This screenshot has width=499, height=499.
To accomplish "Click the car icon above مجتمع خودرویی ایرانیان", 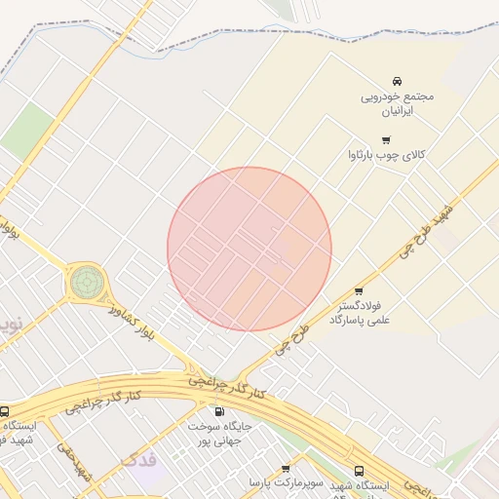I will pos(397,81).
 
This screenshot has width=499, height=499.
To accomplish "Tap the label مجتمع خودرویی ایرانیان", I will pos(397,104).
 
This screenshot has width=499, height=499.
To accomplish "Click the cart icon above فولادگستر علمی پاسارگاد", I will pos(359,290).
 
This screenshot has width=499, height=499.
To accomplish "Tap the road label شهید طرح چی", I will pos(429,228).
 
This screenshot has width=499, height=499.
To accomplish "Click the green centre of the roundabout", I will pos(86,284).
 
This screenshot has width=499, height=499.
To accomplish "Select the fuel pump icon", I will pos(218,411).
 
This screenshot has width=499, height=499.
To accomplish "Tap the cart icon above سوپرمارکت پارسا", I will pos(286,469).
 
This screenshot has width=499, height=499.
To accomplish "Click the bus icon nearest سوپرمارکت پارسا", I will pos(360,471).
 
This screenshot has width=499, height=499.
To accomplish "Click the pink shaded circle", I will pos(249,249).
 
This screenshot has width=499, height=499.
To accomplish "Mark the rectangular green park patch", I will pos(26,131).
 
